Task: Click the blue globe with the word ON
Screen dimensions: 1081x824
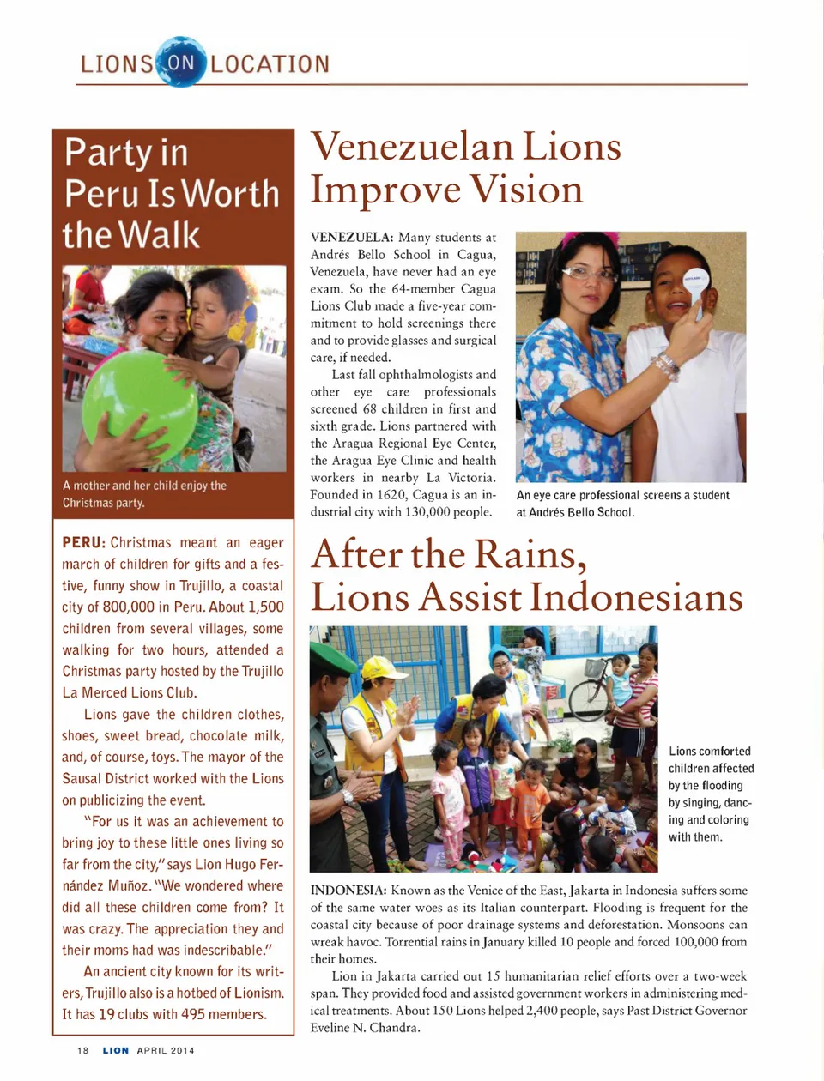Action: [x=181, y=62]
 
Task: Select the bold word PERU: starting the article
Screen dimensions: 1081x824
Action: [x=83, y=543]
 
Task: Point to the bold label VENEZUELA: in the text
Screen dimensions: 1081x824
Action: [x=352, y=238]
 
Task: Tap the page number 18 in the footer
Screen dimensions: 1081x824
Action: [x=83, y=1050]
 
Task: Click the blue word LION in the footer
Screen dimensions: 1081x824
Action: [x=116, y=1050]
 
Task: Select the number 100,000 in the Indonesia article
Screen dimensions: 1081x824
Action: [x=690, y=942]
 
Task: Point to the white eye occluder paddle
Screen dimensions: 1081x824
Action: [x=696, y=282]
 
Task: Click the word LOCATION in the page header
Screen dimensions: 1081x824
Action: [x=270, y=64]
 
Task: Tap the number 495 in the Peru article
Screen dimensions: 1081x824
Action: [x=193, y=1015]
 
